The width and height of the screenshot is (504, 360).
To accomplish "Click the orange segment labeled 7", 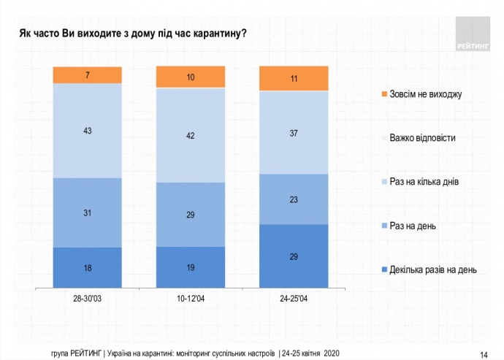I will point(87,75).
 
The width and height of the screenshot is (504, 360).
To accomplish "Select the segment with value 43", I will point(87,131).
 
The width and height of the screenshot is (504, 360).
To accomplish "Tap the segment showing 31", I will point(87,212).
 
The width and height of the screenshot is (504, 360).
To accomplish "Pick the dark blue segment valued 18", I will point(87,267).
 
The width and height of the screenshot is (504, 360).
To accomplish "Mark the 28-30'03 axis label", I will point(87,299).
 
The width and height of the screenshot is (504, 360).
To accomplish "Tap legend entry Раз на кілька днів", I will point(421,181).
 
